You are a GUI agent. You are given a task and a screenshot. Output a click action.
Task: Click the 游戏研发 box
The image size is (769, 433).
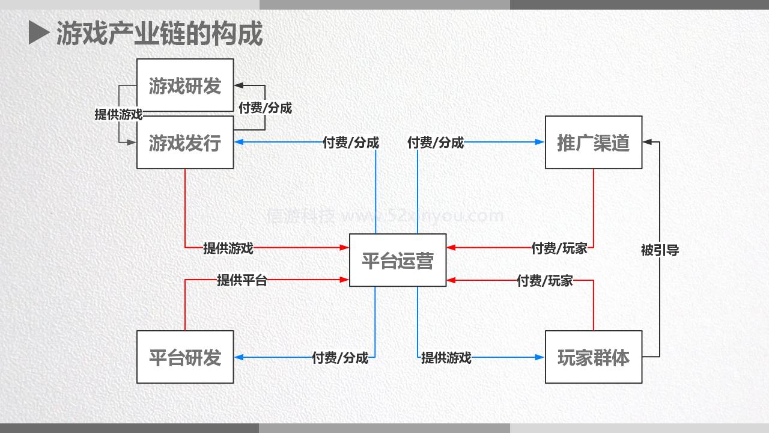click(185, 85)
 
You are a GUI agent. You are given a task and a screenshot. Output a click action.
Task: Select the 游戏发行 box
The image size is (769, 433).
click(185, 143)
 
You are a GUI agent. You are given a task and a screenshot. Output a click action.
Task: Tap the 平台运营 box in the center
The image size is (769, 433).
click(398, 260)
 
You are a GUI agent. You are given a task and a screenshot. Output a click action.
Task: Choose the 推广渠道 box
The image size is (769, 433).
click(594, 143)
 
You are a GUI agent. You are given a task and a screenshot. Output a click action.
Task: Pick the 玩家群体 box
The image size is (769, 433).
click(594, 357)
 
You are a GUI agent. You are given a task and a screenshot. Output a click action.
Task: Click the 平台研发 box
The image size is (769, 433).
click(185, 357)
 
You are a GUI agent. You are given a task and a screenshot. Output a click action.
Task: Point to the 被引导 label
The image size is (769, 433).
click(660, 250)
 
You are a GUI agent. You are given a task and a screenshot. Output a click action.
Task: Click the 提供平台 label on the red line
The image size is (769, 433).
click(242, 280)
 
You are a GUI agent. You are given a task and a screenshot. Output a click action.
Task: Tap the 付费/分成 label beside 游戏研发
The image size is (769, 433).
click(265, 108)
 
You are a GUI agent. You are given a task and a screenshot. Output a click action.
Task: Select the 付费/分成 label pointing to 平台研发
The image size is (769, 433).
click(340, 358)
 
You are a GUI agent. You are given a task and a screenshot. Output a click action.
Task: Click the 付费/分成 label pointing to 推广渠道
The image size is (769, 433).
click(436, 143)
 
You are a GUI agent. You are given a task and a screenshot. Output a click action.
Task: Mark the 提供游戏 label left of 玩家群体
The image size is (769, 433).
click(446, 358)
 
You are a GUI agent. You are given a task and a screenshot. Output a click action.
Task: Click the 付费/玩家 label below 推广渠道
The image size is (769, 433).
click(559, 248)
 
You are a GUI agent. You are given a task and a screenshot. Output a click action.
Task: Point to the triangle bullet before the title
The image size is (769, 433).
click(38, 33)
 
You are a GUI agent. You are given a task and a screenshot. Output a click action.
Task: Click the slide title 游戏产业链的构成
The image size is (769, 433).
click(160, 34)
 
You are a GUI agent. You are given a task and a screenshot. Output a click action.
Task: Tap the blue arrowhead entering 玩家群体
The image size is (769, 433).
click(540, 357)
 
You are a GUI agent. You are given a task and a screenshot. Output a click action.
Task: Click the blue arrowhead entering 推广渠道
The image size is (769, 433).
click(540, 143)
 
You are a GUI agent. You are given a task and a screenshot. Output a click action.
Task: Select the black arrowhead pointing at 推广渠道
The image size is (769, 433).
click(647, 143)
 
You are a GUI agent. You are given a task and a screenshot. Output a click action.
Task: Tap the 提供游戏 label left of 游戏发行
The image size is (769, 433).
click(118, 114)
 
